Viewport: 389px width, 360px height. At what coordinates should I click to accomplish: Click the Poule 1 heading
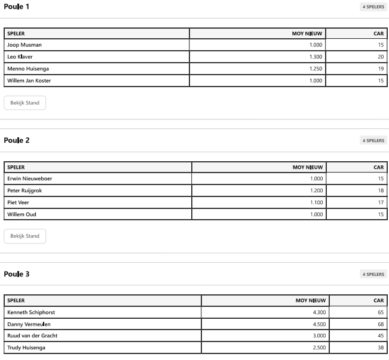coord(16,7)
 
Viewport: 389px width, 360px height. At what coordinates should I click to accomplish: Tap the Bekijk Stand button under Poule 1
coord(24,103)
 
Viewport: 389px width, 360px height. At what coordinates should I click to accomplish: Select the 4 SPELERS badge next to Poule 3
coord(373,274)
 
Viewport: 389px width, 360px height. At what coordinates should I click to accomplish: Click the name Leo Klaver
coord(20,57)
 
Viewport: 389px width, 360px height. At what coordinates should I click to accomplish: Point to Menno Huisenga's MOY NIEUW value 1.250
coord(316,69)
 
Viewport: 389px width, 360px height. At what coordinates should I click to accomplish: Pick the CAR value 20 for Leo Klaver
coord(380,57)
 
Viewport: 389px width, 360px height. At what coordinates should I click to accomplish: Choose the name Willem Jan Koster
coord(29,81)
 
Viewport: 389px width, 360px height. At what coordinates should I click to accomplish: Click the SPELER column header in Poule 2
coord(16,167)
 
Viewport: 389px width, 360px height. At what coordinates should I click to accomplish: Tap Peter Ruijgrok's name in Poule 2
coord(24,190)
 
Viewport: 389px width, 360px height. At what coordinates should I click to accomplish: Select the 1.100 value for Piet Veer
coord(317,202)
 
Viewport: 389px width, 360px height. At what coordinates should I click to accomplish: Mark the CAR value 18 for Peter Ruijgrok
coord(380,190)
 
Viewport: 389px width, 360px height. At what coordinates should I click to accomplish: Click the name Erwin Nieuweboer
coord(30,179)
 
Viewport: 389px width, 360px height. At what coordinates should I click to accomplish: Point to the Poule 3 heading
coord(16,274)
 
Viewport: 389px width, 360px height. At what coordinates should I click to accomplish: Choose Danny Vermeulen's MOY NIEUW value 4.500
coord(318,324)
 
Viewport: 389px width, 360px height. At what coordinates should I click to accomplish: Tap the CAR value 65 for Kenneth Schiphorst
coord(380,312)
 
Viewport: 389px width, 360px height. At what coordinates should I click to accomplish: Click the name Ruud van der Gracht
coord(32,336)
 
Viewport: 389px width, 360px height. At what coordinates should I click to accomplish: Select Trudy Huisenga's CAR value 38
coord(380,347)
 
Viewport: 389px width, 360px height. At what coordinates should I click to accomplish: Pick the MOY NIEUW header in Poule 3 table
coord(311,300)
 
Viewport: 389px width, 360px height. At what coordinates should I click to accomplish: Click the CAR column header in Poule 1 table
coord(378,33)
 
